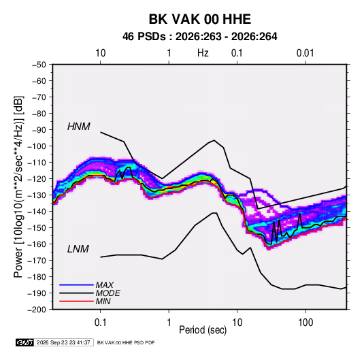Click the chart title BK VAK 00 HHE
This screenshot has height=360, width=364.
(199, 19)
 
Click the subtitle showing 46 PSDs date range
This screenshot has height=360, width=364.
(199, 37)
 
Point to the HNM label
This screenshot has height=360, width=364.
(79, 127)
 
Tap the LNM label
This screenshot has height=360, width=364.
(78, 249)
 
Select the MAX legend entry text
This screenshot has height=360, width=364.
(105, 285)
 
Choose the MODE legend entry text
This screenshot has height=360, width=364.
(107, 293)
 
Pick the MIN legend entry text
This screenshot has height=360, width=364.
(103, 301)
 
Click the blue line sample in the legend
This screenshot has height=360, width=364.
(76, 285)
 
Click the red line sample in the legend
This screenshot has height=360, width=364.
(76, 301)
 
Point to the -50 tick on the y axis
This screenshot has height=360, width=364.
(39, 65)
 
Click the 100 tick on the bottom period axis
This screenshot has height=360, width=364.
(305, 323)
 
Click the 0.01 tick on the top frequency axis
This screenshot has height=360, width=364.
(305, 53)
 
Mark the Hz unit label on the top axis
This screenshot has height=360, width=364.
(203, 53)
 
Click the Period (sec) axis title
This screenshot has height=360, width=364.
(203, 330)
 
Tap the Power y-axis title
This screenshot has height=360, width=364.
(18, 186)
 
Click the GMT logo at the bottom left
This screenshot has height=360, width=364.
(24, 342)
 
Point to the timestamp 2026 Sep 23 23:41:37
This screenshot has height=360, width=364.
(63, 342)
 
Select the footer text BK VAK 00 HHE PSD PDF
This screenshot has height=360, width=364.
(126, 342)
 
